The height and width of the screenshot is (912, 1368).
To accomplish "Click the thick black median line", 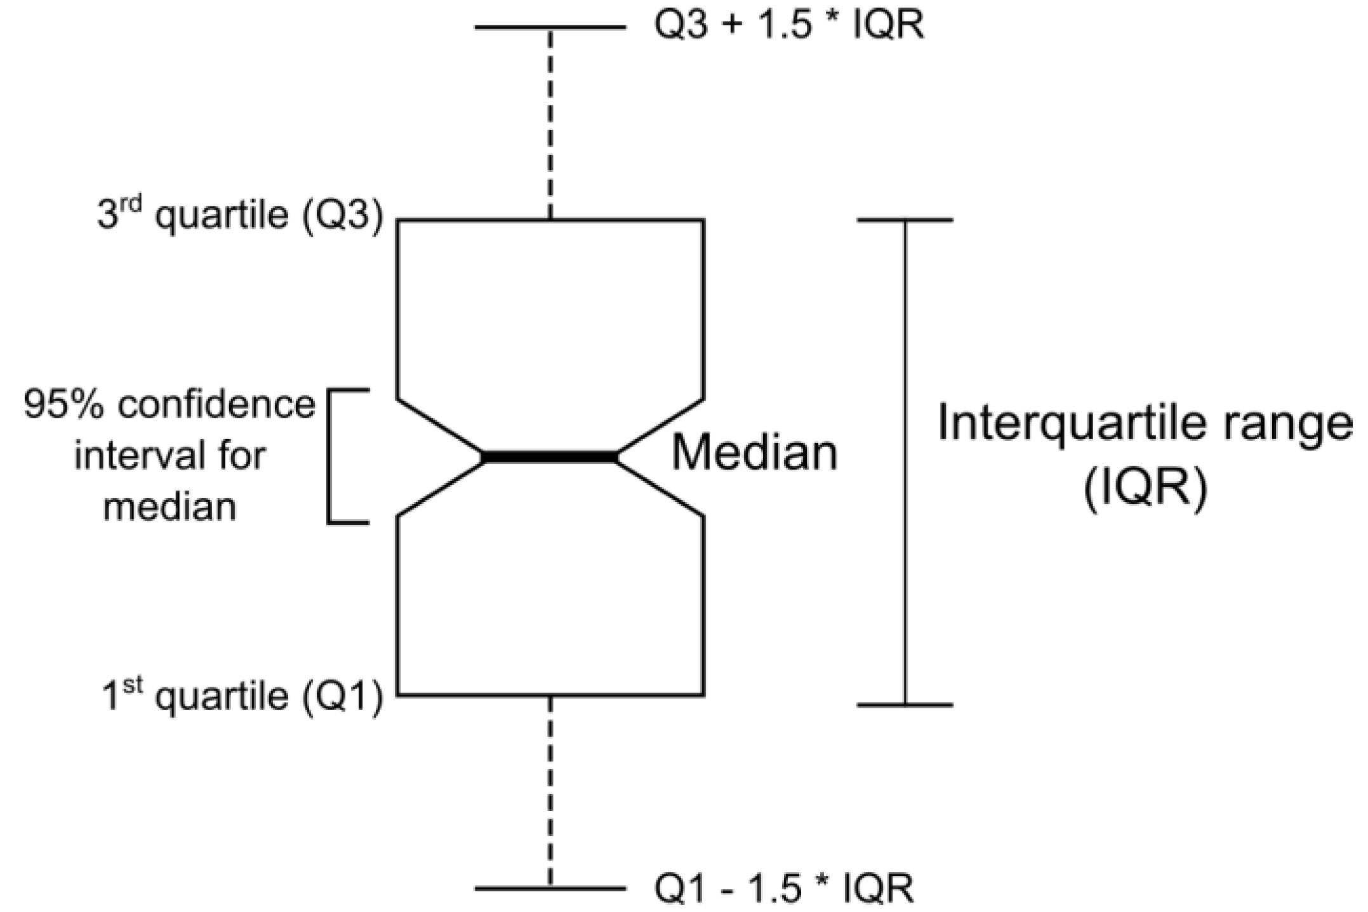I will [550, 457].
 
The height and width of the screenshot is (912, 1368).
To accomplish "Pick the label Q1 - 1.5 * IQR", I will [784, 888].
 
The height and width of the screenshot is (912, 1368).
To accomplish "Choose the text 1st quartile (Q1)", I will [243, 696].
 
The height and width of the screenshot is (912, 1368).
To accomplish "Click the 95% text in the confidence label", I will [63, 404].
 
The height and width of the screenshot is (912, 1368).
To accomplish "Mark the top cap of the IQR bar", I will [905, 220].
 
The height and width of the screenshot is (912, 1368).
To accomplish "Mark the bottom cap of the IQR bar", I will [905, 704].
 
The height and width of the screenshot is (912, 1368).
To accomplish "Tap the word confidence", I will [216, 404].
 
